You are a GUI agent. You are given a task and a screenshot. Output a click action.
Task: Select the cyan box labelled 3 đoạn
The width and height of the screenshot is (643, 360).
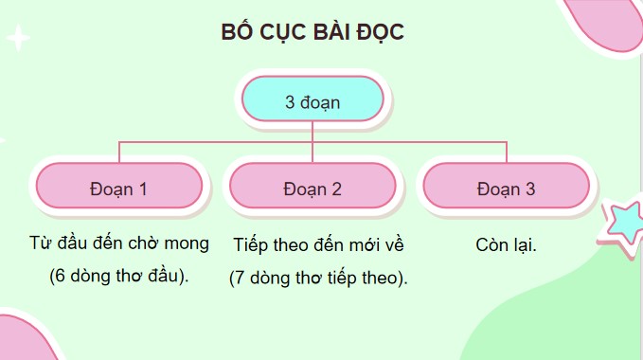coord(313,101)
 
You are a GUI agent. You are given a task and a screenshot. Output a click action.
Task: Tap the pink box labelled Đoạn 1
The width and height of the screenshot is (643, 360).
coord(118,188)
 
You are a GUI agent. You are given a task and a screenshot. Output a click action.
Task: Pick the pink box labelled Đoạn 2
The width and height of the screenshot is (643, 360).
coord(313,188)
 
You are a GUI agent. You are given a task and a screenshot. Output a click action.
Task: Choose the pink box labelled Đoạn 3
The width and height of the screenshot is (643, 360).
coord(507,188)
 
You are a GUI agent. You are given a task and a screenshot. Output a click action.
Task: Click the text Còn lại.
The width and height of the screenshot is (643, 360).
coord(507,243)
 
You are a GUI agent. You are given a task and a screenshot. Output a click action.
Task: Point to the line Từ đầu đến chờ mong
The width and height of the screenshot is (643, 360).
coord(118,243)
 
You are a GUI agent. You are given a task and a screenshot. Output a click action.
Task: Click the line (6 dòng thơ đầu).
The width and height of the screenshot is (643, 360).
coord(118,278)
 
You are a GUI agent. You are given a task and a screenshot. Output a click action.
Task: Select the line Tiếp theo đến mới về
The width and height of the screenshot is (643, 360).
coord(318,243)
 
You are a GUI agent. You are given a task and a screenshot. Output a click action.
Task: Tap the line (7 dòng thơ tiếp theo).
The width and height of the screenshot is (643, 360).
coord(318,278)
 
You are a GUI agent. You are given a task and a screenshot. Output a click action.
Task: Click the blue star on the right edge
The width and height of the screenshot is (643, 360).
coord(625,228)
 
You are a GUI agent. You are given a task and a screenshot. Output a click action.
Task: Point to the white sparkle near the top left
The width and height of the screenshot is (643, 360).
coord(18,39)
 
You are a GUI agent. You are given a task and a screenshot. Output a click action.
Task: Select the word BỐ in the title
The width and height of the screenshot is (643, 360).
coord(234,32)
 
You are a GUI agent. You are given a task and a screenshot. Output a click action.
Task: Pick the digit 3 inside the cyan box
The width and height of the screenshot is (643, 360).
coord(290,101)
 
